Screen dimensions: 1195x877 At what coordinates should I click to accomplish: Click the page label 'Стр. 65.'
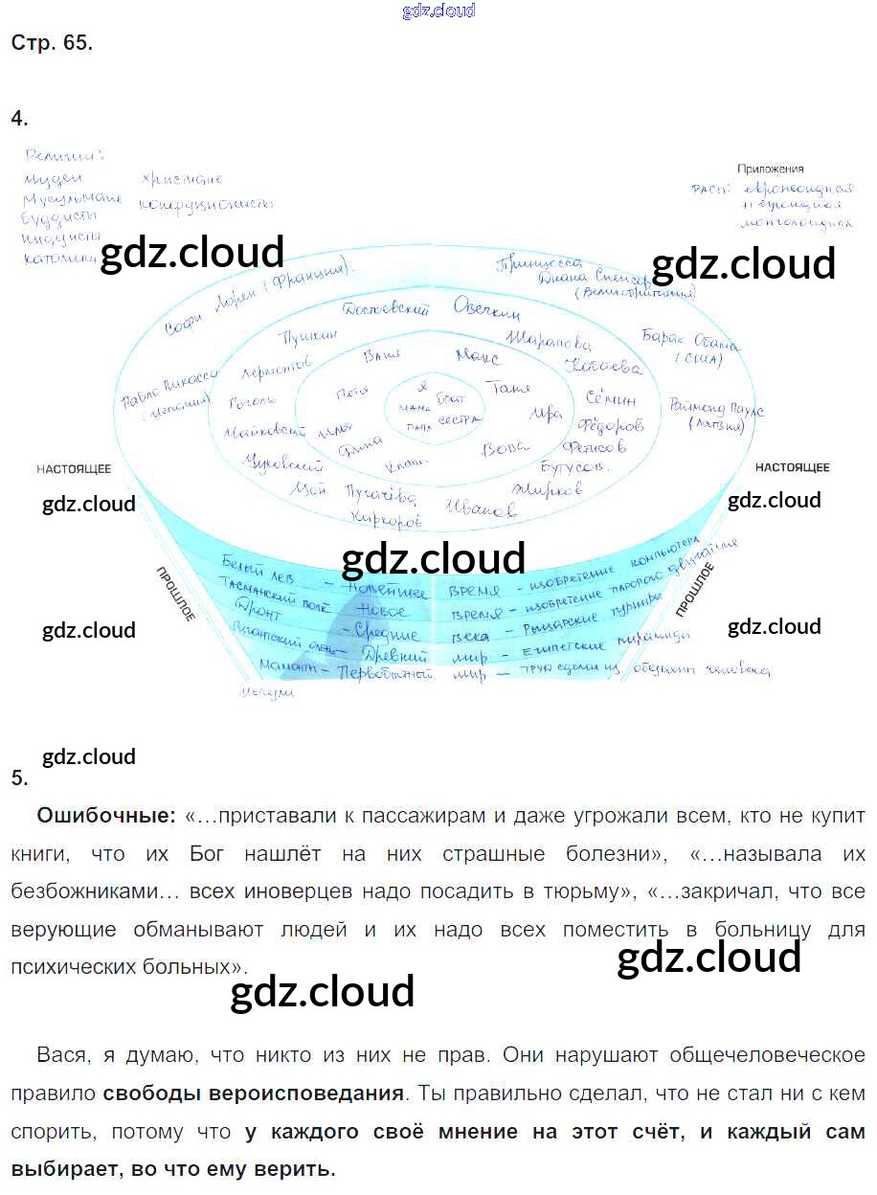(52, 43)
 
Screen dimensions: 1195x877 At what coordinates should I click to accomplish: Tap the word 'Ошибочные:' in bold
(106, 816)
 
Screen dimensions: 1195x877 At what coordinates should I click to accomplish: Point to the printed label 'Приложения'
(771, 169)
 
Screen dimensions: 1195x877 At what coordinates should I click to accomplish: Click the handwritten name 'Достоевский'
(386, 308)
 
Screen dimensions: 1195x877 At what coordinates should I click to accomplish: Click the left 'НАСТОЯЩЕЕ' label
(74, 469)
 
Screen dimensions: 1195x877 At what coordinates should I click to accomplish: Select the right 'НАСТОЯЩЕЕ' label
(792, 467)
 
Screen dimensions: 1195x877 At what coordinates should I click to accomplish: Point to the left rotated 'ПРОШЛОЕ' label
(176, 594)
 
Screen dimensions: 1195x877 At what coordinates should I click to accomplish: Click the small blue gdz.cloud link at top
(438, 11)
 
